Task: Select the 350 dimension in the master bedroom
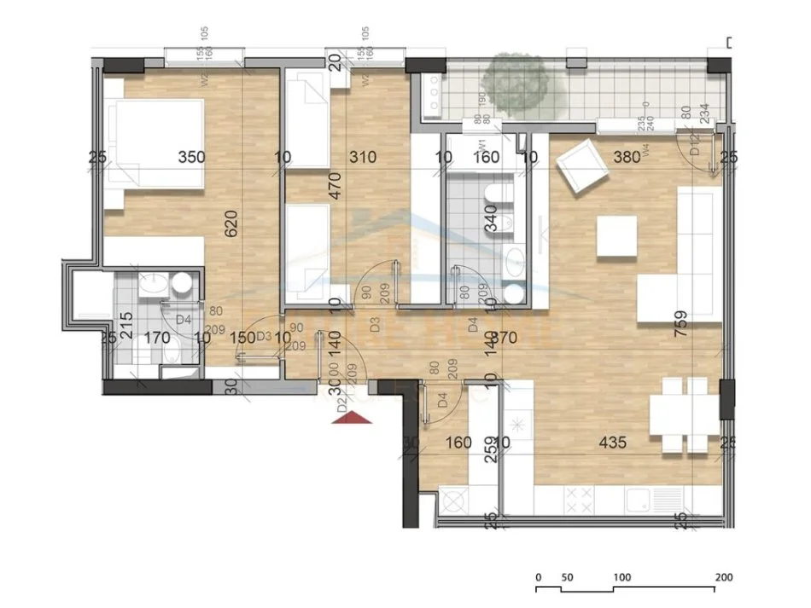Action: point(192,157)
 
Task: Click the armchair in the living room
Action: point(581,167)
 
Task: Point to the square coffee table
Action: point(616,236)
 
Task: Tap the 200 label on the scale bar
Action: point(724,577)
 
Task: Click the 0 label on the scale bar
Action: point(539,577)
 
